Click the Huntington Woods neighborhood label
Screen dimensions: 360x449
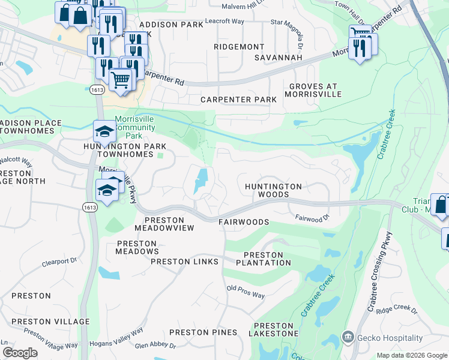(x=273, y=190)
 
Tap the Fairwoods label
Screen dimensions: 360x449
(x=243, y=222)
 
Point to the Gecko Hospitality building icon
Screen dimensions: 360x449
(x=348, y=338)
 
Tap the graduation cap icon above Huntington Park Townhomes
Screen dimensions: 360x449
(x=104, y=131)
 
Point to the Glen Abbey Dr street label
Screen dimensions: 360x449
(x=155, y=346)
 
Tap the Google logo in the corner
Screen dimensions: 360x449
(x=19, y=352)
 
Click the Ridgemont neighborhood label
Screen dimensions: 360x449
(x=239, y=47)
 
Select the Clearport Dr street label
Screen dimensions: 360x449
(x=60, y=262)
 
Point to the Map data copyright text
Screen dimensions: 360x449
(x=411, y=355)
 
